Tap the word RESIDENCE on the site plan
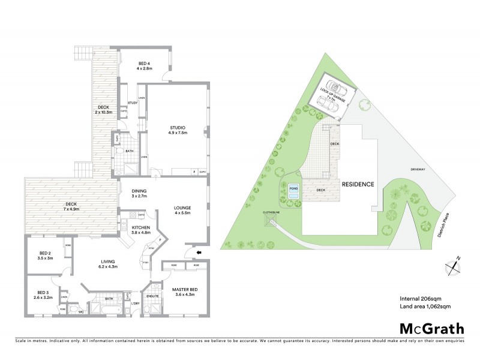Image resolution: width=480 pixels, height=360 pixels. click(358, 184)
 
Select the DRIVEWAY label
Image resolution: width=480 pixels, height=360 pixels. click(418, 169)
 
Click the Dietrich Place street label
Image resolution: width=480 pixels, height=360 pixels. click(445, 225)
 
